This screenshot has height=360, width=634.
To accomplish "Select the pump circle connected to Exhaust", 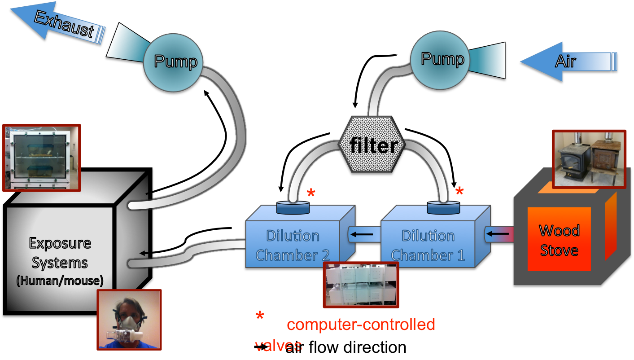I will [173, 61].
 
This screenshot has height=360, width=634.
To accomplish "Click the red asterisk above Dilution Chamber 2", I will [311, 194].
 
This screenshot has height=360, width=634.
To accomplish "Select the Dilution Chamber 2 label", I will [293, 245].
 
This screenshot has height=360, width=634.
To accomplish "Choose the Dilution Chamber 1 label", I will [428, 245].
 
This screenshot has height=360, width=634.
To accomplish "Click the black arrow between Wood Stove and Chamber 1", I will [498, 233].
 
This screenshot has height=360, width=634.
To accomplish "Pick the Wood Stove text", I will [559, 240].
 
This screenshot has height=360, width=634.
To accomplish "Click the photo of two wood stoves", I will [588, 159].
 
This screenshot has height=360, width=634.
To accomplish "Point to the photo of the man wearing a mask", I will [129, 320].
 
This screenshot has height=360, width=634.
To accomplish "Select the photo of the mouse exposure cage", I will [42, 158].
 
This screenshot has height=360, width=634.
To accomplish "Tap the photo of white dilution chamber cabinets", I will [361, 285].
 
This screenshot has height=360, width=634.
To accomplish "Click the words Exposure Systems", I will [60, 253].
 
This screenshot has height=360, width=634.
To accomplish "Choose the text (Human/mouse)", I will [60, 281].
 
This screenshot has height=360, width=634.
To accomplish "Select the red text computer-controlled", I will [361, 324].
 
